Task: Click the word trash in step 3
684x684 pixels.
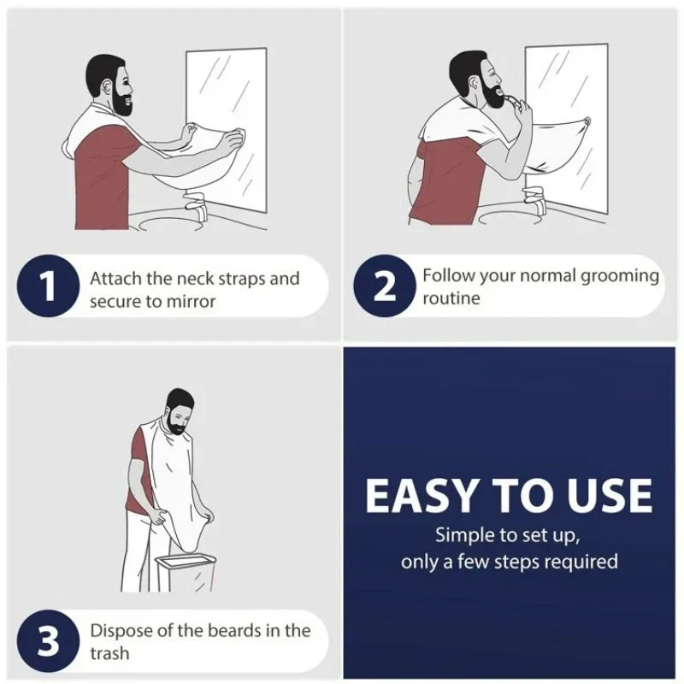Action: (110, 653)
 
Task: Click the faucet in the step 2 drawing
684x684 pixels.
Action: (536, 202)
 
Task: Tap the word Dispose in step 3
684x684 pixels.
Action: (120, 630)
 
